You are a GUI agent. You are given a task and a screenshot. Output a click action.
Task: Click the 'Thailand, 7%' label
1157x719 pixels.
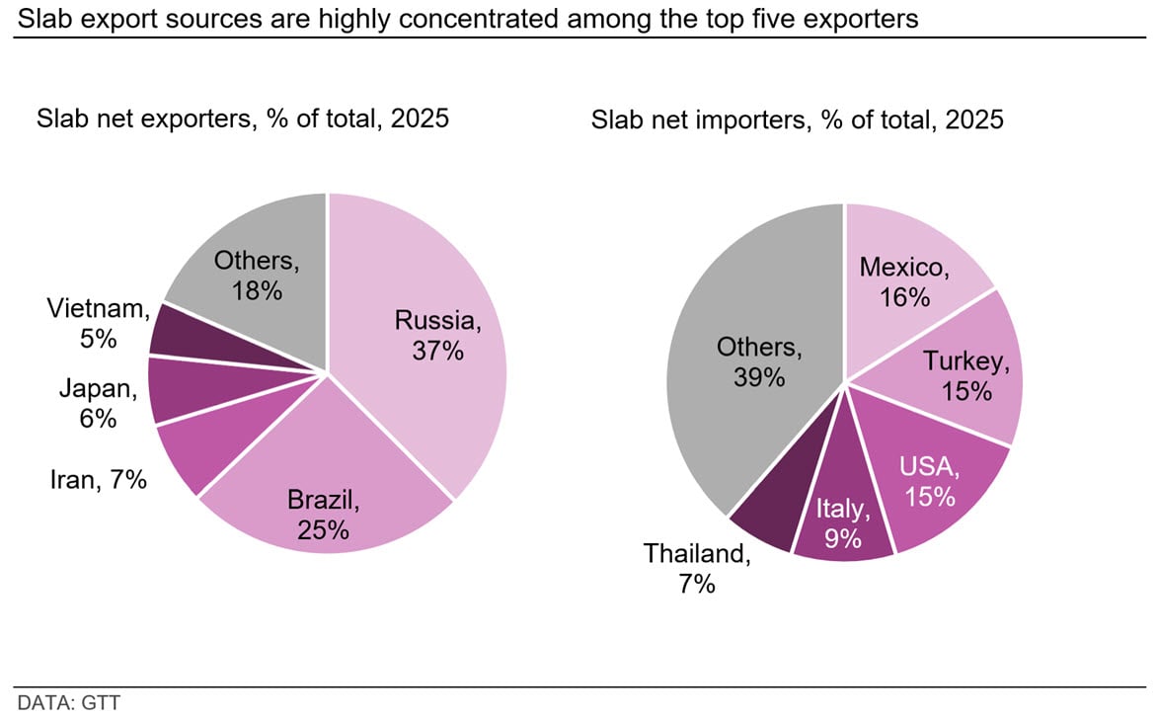tap(697, 568)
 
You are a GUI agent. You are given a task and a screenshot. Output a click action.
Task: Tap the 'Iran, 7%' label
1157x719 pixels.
tap(98, 481)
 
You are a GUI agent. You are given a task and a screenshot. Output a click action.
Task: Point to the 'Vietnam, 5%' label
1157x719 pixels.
tap(98, 324)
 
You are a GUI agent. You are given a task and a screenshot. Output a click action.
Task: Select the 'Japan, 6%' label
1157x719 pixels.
tap(98, 403)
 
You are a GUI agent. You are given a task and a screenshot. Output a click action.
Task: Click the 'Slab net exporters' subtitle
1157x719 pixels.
tap(243, 120)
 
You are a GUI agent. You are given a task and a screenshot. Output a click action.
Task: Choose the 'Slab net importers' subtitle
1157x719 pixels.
tap(797, 120)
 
